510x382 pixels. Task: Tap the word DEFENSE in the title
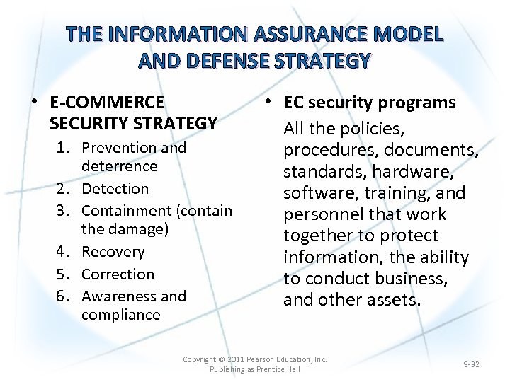[229, 62]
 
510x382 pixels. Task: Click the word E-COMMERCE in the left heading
[107, 103]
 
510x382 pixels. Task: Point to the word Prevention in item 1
[115, 148]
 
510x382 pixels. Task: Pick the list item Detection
[115, 189]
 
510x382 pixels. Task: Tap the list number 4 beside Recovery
[73, 253]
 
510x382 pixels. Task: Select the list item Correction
[118, 274]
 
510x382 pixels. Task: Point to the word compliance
[120, 315]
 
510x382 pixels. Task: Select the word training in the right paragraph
[394, 193]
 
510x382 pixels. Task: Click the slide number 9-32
[471, 364]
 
